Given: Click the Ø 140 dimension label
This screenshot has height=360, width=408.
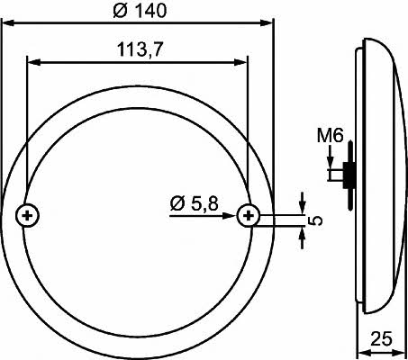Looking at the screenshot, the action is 140,11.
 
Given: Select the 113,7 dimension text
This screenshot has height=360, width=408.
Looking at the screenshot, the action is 140,49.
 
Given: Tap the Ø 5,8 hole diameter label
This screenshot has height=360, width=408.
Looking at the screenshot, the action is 195,203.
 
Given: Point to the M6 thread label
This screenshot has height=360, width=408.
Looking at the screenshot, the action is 331,135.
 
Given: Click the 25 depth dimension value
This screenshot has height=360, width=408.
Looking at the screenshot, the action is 381,338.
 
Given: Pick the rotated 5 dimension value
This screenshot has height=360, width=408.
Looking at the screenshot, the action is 315,220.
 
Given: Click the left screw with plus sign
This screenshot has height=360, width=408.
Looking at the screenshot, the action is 27,215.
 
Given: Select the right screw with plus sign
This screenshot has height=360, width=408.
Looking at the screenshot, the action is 249,215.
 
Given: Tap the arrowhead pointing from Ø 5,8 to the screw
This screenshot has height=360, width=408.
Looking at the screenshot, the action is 229,215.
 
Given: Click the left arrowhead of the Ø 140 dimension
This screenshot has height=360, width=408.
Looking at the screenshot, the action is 8,22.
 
